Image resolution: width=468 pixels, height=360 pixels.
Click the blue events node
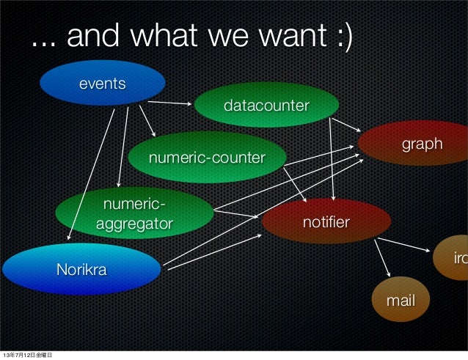click(102, 83)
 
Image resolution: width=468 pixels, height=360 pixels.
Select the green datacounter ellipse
click(266, 106)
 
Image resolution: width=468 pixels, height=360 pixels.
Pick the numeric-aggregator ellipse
click(134, 213)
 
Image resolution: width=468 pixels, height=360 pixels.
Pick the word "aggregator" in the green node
click(134, 222)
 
